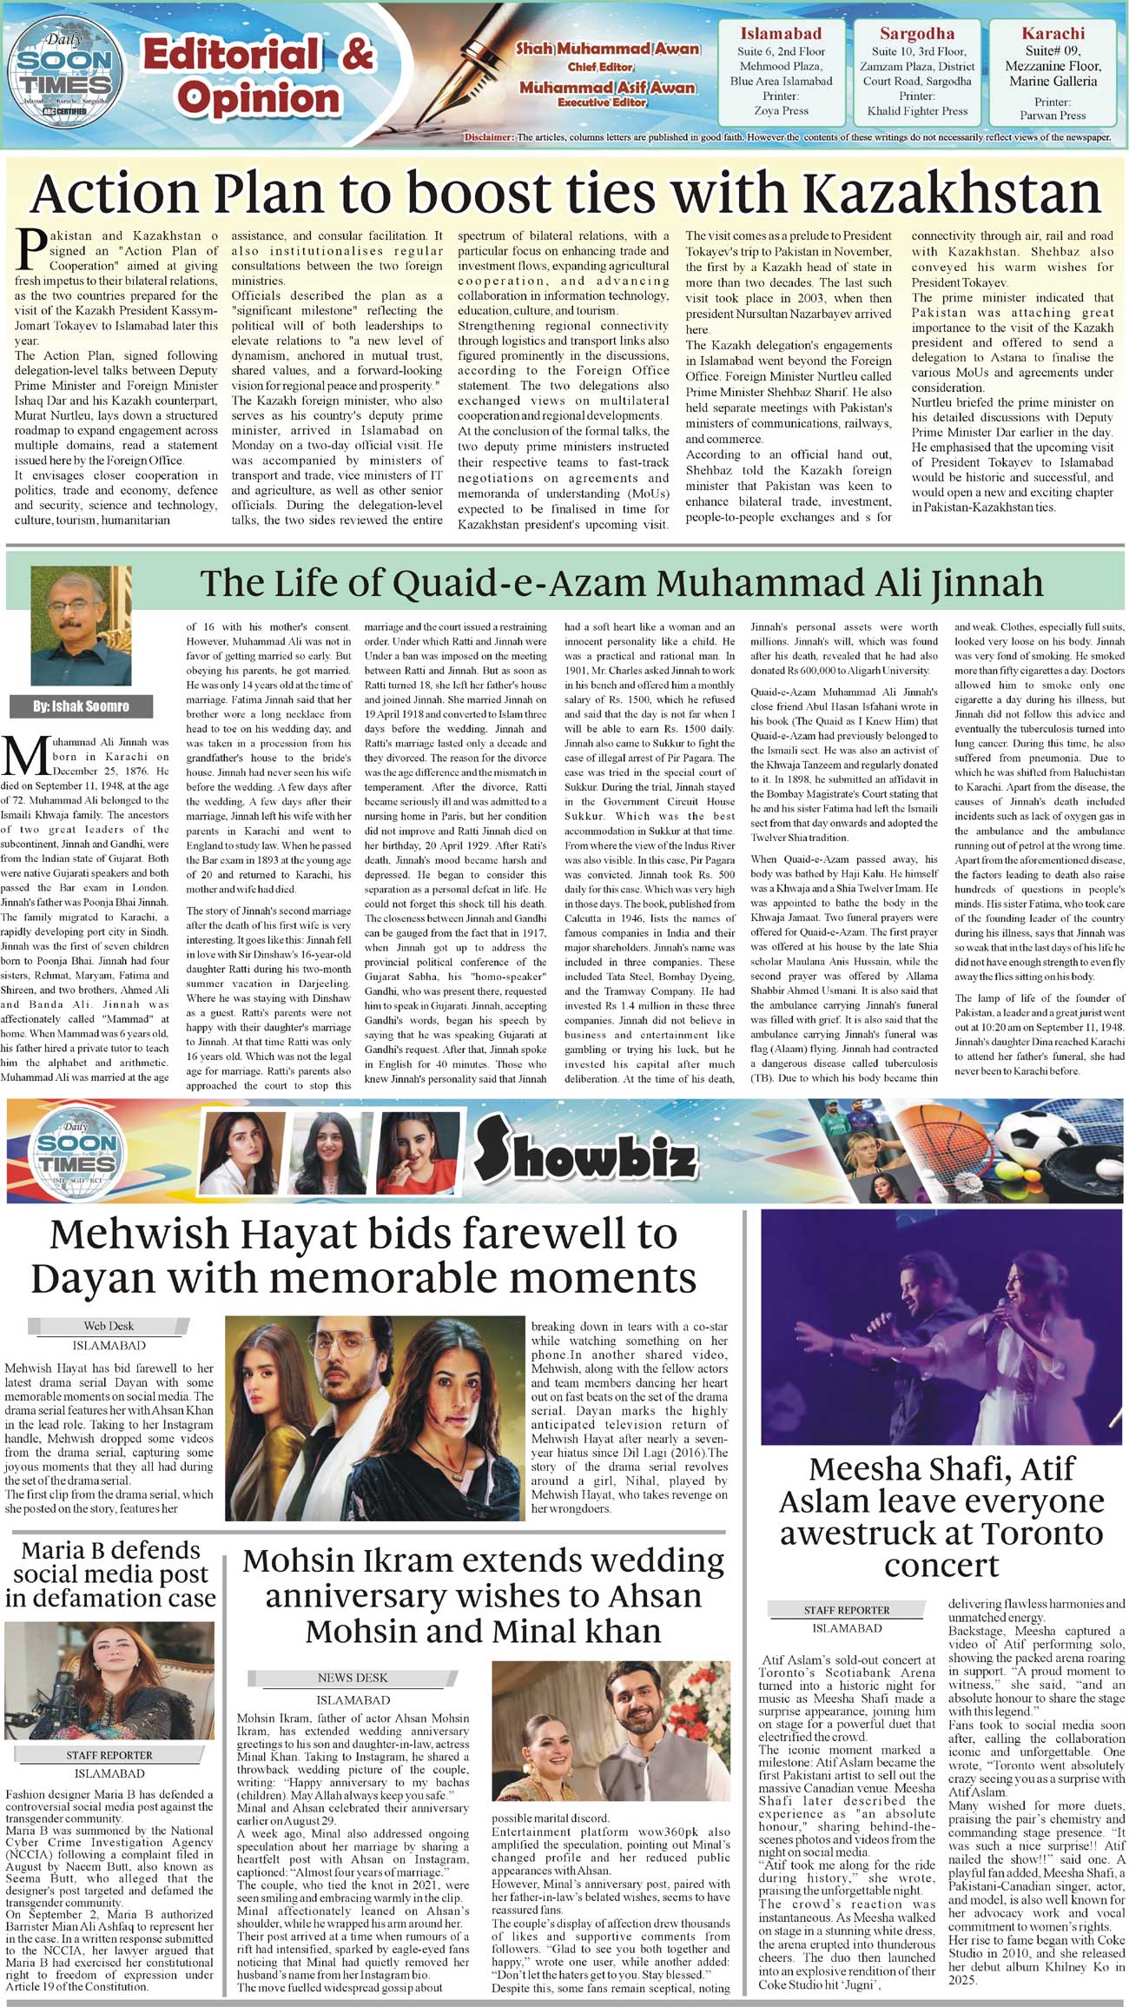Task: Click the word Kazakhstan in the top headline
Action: pyautogui.click(x=952, y=193)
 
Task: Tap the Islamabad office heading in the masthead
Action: pyautogui.click(x=780, y=34)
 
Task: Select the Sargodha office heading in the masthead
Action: pyautogui.click(x=916, y=34)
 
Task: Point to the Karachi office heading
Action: pyautogui.click(x=1053, y=34)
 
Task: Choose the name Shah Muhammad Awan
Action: pyautogui.click(x=608, y=49)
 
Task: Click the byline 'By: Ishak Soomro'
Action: pyautogui.click(x=81, y=706)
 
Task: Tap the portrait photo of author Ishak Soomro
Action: pyautogui.click(x=81, y=626)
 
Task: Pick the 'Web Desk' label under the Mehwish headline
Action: pyautogui.click(x=109, y=1326)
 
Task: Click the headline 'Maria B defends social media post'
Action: pyautogui.click(x=110, y=1573)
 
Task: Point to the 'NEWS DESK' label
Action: pyautogui.click(x=353, y=1678)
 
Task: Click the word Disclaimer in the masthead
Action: pyautogui.click(x=488, y=137)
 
